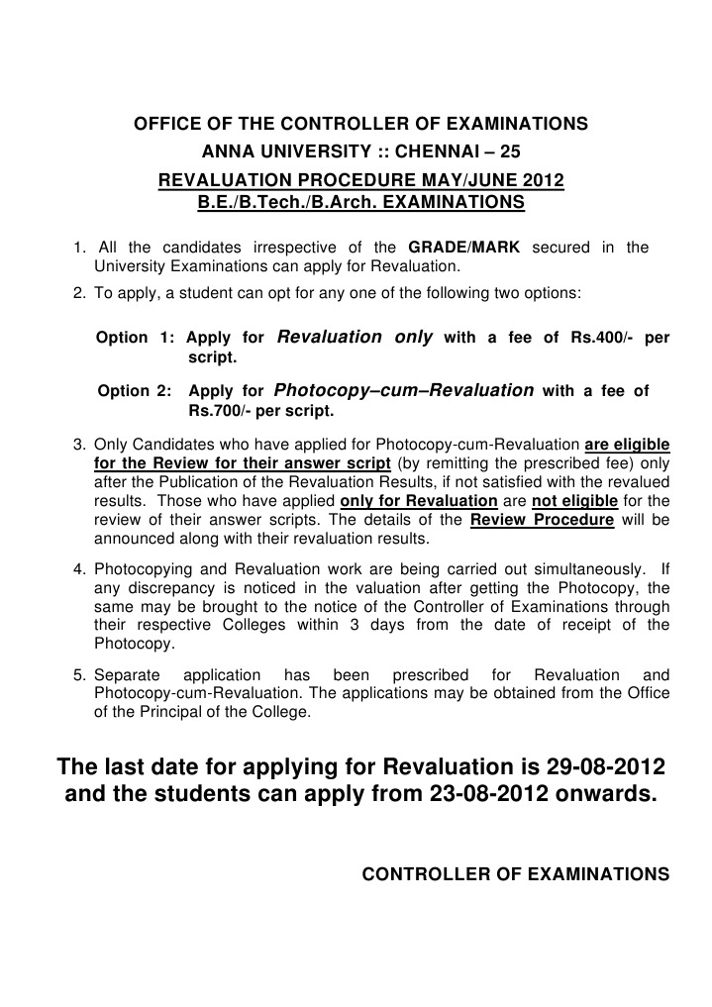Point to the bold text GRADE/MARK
(463, 247)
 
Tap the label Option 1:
(135, 338)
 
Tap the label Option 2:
(137, 391)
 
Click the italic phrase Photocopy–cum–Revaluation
(403, 390)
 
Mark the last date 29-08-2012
(605, 768)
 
